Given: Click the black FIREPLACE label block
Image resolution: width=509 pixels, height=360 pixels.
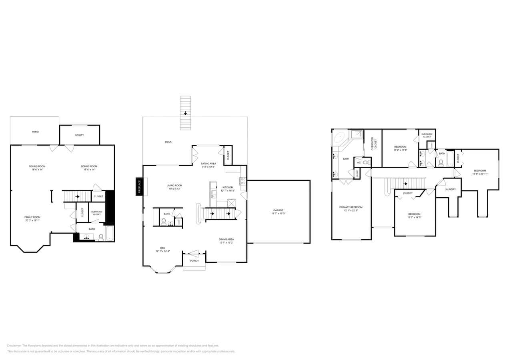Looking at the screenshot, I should click(x=139, y=186).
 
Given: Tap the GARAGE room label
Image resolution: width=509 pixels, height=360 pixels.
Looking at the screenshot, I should click(x=279, y=210).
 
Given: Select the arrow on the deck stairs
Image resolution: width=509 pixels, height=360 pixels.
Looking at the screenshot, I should click(x=185, y=113).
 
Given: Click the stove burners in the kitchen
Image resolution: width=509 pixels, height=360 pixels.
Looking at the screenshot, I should click(x=242, y=181).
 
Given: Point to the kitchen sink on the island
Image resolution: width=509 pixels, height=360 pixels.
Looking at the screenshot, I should click(x=213, y=195).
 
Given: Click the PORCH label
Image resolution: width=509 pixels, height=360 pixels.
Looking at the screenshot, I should click(x=194, y=261).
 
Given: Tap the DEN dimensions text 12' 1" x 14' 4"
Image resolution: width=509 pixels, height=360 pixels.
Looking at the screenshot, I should click(x=163, y=251).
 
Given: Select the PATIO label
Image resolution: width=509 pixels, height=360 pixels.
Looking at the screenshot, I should click(x=35, y=132).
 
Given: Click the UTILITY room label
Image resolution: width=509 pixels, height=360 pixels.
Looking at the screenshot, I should click(x=80, y=135).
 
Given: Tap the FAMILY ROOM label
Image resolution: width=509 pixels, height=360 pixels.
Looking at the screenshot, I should click(x=32, y=217).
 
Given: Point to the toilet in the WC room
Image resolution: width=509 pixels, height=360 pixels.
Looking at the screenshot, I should click(x=366, y=162).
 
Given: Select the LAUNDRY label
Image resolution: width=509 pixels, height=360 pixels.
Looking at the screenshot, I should click(x=450, y=189).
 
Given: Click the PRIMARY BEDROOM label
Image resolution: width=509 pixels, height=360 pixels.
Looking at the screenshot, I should click(x=351, y=207).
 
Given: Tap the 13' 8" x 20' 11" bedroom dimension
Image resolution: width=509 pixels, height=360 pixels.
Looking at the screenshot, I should click(x=480, y=174).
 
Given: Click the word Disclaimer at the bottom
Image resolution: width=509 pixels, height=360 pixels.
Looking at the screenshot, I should click(x=14, y=346).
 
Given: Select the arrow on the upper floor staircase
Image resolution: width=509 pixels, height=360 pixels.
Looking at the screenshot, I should click(x=405, y=184).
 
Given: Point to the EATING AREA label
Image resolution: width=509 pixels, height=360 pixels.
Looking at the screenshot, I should click(x=208, y=163).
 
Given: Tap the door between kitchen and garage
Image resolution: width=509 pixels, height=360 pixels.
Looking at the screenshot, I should click(x=244, y=196).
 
